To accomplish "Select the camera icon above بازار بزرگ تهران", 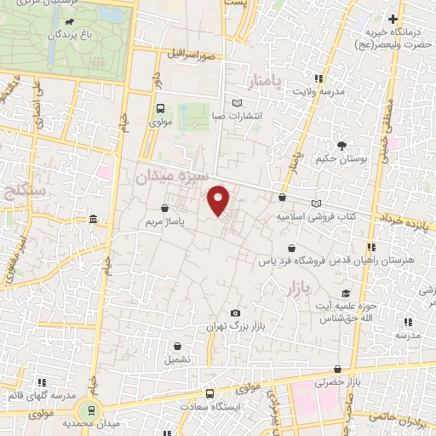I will (235, 313).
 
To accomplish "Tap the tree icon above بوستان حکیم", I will (341, 146).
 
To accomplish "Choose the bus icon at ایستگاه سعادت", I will (210, 393).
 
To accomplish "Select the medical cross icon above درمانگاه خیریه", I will (393, 20).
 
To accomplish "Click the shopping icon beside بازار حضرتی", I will (338, 370).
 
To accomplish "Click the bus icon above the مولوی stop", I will (160, 109).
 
